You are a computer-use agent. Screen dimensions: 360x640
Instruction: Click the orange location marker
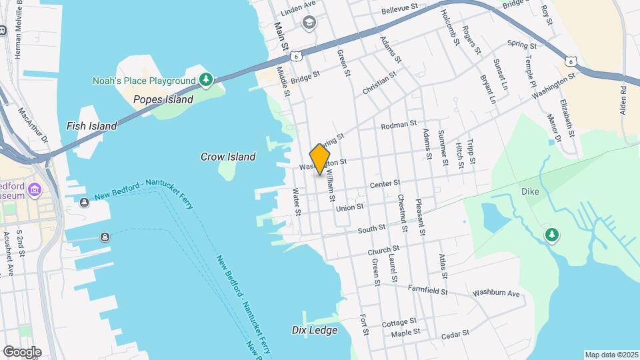click(x=321, y=159)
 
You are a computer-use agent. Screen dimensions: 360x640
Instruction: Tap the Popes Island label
click(x=163, y=100)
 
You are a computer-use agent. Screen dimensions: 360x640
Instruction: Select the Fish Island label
click(x=91, y=125)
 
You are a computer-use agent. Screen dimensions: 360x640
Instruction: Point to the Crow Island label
click(x=228, y=157)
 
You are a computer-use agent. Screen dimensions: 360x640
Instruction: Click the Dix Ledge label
click(x=315, y=330)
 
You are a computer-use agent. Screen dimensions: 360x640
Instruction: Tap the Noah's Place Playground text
click(x=143, y=81)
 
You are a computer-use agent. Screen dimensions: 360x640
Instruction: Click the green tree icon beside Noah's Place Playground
click(x=207, y=81)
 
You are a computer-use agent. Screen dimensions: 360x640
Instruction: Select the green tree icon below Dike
click(x=551, y=235)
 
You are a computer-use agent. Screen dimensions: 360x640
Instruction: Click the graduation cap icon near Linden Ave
click(x=309, y=23)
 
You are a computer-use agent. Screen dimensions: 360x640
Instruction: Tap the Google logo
click(x=21, y=351)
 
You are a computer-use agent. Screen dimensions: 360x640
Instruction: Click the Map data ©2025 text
click(x=611, y=355)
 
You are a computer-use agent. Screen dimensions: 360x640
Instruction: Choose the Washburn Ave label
click(x=495, y=293)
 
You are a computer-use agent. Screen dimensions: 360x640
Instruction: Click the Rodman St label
click(x=398, y=125)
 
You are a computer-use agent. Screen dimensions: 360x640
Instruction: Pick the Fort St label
click(x=364, y=324)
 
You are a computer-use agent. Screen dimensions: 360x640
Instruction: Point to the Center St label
click(x=385, y=183)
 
